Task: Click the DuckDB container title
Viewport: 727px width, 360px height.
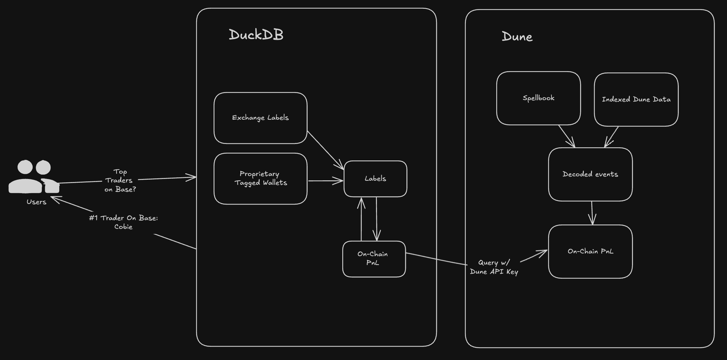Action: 256,35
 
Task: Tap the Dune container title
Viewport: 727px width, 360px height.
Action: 517,36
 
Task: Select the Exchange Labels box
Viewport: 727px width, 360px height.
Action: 260,118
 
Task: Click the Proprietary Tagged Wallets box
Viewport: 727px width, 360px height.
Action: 260,178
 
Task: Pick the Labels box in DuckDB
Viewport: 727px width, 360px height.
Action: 375,179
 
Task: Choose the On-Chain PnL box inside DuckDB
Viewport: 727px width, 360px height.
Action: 374,259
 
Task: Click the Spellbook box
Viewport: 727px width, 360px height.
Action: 538,98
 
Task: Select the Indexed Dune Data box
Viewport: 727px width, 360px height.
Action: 636,99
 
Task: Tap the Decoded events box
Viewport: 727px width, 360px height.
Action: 590,174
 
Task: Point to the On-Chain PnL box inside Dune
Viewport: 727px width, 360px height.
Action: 590,251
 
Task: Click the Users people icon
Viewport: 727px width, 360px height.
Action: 34,177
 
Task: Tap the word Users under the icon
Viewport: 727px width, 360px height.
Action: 36,202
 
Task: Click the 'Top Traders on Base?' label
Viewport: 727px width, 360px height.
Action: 120,181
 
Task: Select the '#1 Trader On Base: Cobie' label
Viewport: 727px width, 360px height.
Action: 123,222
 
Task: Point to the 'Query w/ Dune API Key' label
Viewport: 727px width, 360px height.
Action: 494,267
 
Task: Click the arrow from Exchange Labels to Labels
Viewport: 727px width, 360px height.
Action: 325,150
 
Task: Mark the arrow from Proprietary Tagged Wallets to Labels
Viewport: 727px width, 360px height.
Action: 325,181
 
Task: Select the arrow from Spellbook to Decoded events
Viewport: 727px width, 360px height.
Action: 567,137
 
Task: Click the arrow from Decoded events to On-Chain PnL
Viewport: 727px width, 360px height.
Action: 592,213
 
